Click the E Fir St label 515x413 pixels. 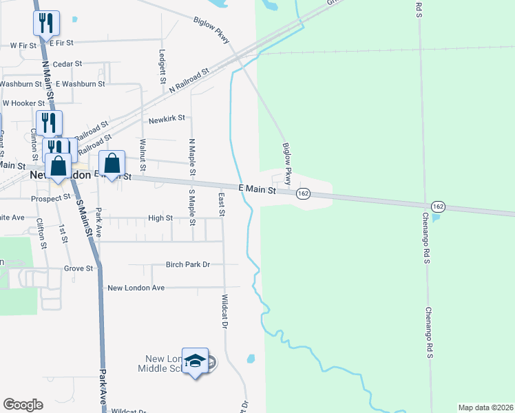tap(61, 43)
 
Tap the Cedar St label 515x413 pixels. tap(67, 63)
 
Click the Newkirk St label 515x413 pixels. tap(171, 118)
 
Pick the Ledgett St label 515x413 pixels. tap(162, 62)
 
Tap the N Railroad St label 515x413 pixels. tap(189, 81)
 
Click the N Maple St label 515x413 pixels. tap(193, 156)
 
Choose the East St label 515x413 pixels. tap(222, 204)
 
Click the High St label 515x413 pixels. tap(160, 218)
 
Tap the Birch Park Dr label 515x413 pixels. tap(187, 264)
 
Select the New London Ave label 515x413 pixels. tap(136, 287)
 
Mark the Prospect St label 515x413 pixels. tap(51, 197)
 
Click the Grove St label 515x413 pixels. tap(78, 268)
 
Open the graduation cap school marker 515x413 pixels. tap(196, 361)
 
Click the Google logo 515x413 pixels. tap(23, 405)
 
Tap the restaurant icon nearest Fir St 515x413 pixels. tap(46, 23)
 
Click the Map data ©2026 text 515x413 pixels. tap(485, 407)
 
